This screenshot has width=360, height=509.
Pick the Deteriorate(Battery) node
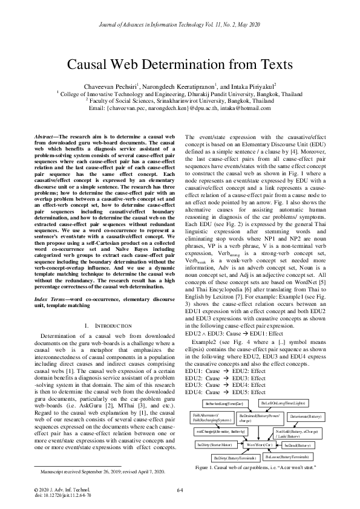point(306,417)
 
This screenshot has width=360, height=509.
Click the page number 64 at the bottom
point(180,490)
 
